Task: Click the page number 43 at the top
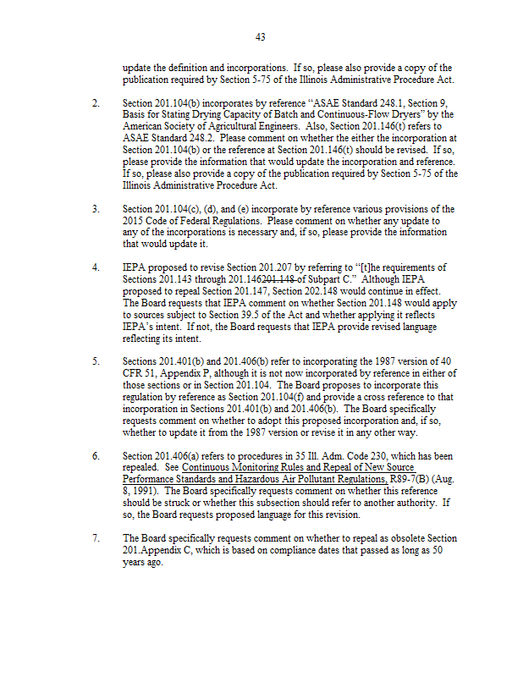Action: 261,37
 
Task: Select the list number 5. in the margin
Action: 96,361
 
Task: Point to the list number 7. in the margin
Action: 96,537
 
